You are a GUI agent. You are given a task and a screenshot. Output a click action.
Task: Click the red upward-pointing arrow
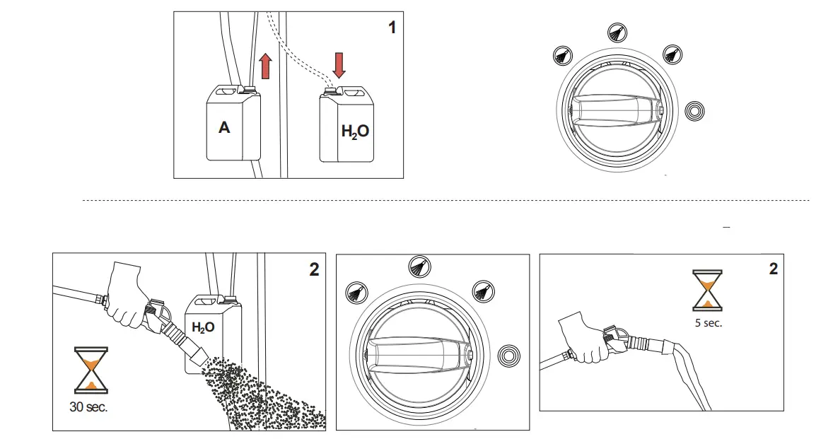(x=266, y=67)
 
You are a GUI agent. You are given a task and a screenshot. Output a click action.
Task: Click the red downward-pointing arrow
(x=339, y=64)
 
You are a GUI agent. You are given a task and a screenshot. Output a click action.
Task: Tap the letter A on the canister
(x=224, y=128)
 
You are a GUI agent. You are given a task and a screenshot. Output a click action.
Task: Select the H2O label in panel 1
(x=355, y=131)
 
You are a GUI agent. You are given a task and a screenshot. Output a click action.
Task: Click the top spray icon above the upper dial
(x=617, y=32)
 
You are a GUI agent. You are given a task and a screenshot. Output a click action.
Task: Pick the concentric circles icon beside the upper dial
(x=696, y=111)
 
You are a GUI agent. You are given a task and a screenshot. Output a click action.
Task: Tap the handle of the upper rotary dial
(x=615, y=112)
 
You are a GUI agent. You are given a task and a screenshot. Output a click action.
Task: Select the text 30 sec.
(x=89, y=407)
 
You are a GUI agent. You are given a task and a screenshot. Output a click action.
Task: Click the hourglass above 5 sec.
(x=708, y=291)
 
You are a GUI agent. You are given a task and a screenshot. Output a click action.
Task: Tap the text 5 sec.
(x=708, y=322)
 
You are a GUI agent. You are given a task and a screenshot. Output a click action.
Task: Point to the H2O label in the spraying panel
(x=203, y=327)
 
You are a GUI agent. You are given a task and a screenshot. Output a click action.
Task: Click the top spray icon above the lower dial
(x=419, y=267)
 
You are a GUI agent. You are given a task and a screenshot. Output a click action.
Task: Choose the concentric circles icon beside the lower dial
(x=507, y=354)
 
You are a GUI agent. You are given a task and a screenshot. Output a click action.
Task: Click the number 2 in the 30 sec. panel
(x=314, y=269)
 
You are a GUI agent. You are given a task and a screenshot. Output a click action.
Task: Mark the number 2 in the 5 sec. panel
(x=773, y=269)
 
